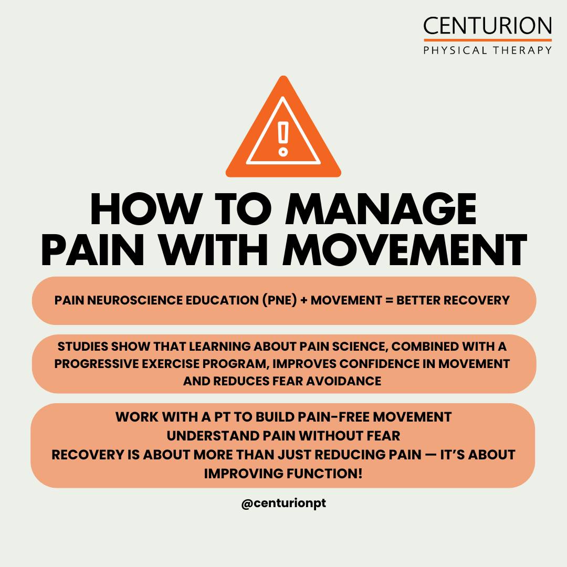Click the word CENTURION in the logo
pyautogui.click(x=487, y=26)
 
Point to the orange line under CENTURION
pyautogui.click(x=487, y=40)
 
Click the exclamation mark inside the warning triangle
pyautogui.click(x=283, y=139)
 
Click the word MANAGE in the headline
pyautogui.click(x=381, y=209)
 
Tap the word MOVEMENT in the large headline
pyautogui.click(x=405, y=250)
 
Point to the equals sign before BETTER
pyautogui.click(x=389, y=300)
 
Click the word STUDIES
pyautogui.click(x=83, y=346)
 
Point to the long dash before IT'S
pyautogui.click(x=430, y=455)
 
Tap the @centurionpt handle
pyautogui.click(x=283, y=503)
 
